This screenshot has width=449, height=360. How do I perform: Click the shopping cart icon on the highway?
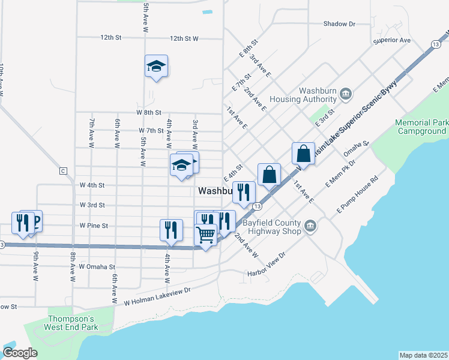pos(206,235)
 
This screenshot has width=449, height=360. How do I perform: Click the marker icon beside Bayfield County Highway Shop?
pos(310,226)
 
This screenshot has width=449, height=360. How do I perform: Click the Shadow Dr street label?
pos(339,24)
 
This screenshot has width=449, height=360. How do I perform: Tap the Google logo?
pos(20,353)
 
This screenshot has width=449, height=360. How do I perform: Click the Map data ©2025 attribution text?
pos(423,355)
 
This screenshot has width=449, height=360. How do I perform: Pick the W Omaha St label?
pos(88,266)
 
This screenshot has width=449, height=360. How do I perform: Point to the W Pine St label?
pos(94,226)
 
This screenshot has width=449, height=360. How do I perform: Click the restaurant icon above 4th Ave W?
pos(171,230)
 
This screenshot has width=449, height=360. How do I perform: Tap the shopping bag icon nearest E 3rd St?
pos(304,153)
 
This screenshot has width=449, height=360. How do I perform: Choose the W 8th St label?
pos(149,112)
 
